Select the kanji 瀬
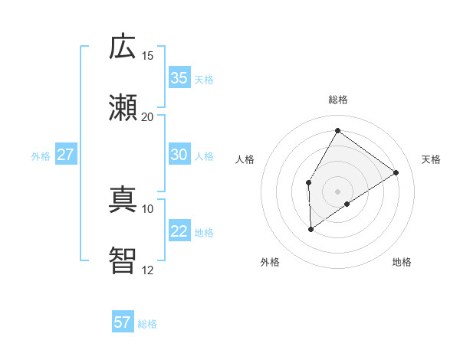click(x=123, y=108)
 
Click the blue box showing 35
click(x=179, y=78)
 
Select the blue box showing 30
click(x=179, y=155)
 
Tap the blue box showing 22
click(x=179, y=231)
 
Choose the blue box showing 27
click(x=65, y=155)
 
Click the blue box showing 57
click(x=123, y=322)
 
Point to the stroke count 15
click(x=148, y=56)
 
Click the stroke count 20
click(x=148, y=117)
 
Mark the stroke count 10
click(x=148, y=208)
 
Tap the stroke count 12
click(x=148, y=270)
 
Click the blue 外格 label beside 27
click(x=41, y=156)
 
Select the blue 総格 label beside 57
click(x=147, y=324)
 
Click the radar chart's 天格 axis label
click(x=431, y=159)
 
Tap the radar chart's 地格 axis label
click(x=402, y=262)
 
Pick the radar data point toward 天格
click(x=396, y=173)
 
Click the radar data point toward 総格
click(x=337, y=130)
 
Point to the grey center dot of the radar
click(x=337, y=191)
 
